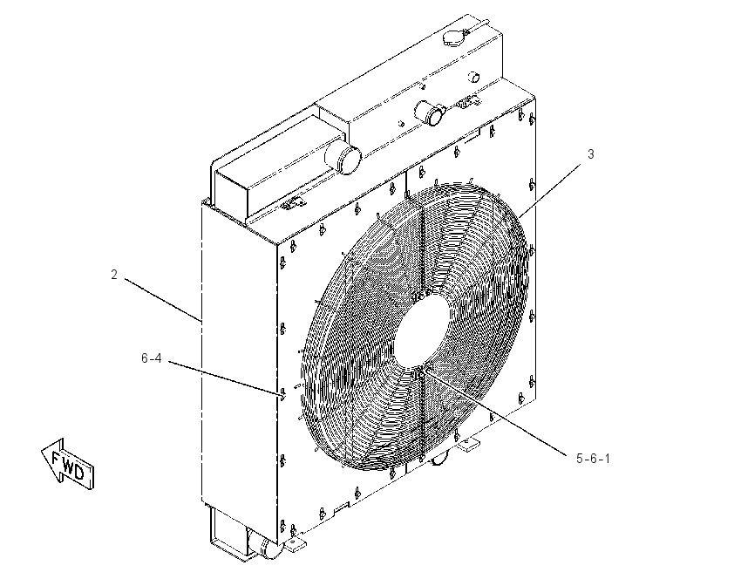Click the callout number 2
(x=114, y=274)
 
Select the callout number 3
(x=591, y=153)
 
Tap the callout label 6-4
(x=151, y=358)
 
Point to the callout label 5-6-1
(x=593, y=458)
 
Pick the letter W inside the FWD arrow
(x=68, y=464)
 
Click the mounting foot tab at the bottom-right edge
(x=467, y=444)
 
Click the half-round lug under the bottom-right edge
(x=439, y=459)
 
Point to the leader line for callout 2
(x=164, y=300)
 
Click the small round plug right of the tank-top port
(x=473, y=77)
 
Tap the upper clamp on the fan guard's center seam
(x=419, y=296)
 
